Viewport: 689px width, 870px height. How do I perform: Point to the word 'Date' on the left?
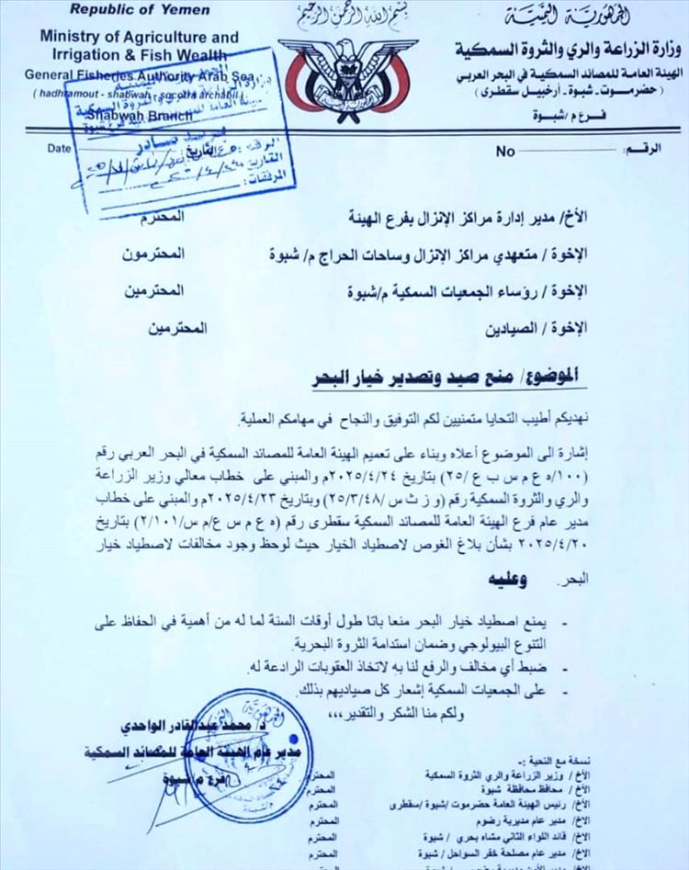coord(58,147)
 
